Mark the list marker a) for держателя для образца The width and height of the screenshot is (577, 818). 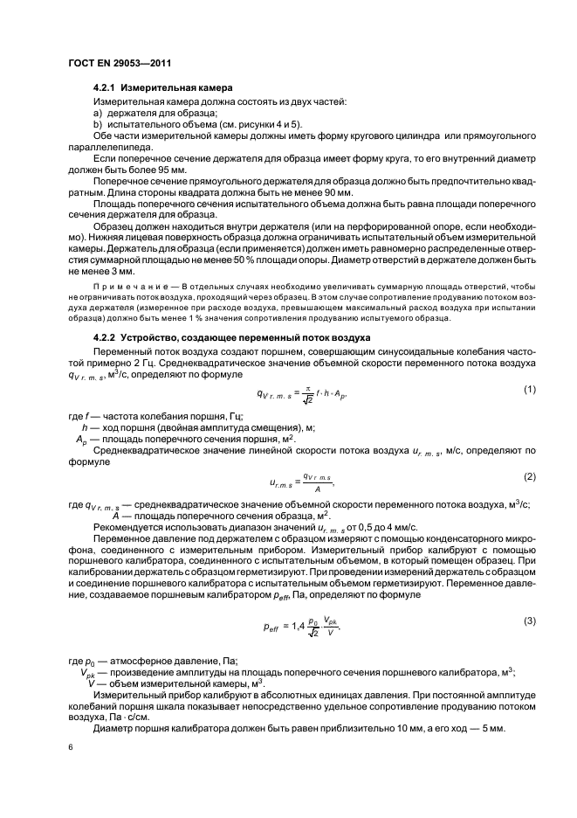[98, 114]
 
